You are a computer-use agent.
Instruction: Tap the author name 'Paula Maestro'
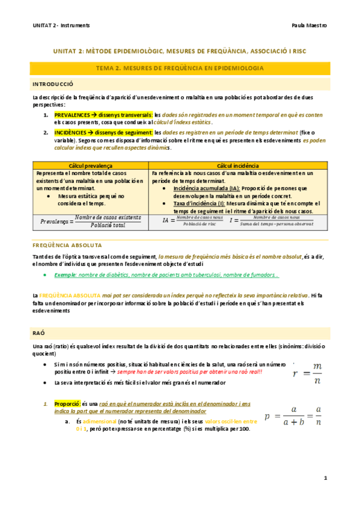pyautogui.click(x=308, y=26)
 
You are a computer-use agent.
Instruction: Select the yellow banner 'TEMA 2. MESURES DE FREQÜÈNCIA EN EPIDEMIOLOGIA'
pyautogui.click(x=181, y=69)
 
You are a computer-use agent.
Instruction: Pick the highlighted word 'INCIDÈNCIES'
pyautogui.click(x=70, y=132)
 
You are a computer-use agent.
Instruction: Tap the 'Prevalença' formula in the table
pyautogui.click(x=91, y=221)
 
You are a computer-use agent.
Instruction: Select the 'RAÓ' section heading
pyautogui.click(x=39, y=332)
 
